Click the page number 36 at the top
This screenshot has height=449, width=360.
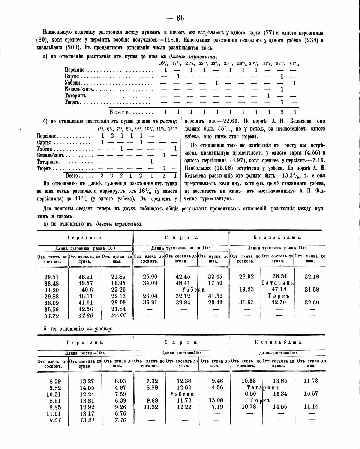180,18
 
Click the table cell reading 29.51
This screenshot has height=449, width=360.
51,277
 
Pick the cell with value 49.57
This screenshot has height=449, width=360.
86,283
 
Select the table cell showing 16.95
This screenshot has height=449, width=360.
118,283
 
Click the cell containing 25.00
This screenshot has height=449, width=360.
150,277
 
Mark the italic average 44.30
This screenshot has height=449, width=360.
86,316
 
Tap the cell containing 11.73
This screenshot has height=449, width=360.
311,381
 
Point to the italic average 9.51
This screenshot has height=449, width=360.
55,420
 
